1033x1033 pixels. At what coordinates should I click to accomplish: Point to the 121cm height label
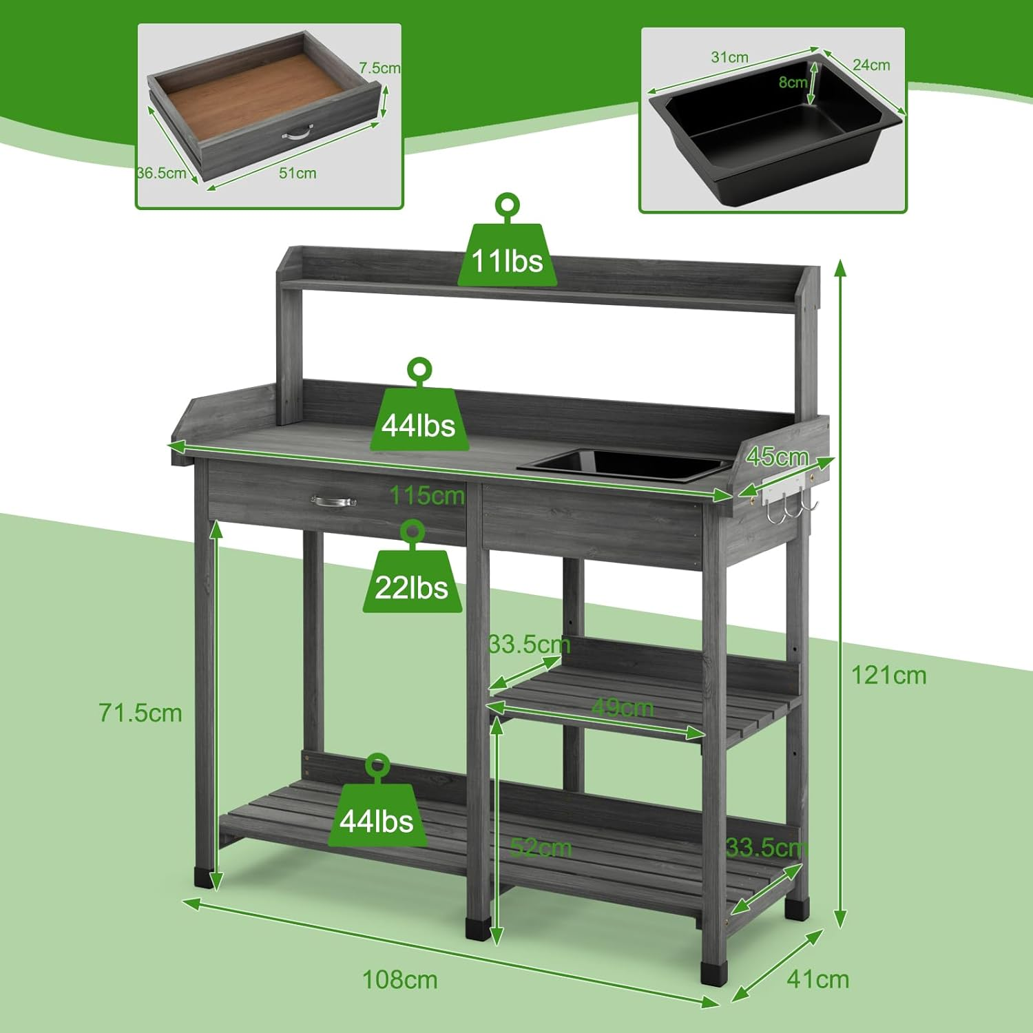(889, 675)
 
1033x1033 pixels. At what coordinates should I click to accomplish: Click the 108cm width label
(400, 979)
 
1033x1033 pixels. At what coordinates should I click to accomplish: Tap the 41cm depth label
(818, 979)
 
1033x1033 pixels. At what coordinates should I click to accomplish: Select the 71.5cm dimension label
(140, 713)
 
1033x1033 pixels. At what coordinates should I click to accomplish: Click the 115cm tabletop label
(427, 494)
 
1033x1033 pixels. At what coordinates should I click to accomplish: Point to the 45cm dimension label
(778, 456)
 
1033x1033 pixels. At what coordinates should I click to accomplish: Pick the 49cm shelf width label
(623, 707)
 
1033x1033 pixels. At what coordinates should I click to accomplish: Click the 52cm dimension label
(541, 847)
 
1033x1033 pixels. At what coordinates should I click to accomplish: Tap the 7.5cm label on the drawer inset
(379, 68)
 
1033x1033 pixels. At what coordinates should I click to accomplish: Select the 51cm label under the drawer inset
(298, 173)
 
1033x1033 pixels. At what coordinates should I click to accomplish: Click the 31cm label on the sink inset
(729, 57)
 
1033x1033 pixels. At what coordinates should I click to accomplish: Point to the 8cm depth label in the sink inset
(793, 82)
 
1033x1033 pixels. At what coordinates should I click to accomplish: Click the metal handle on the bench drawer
(333, 501)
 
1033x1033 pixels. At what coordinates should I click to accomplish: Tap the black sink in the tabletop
(623, 463)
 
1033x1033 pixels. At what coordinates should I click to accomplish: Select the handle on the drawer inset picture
(298, 132)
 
